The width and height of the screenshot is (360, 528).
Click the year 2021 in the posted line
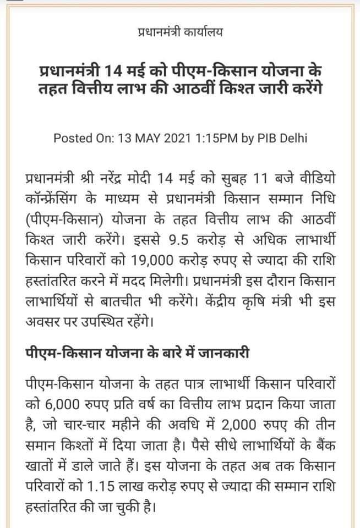[x=182, y=137]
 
